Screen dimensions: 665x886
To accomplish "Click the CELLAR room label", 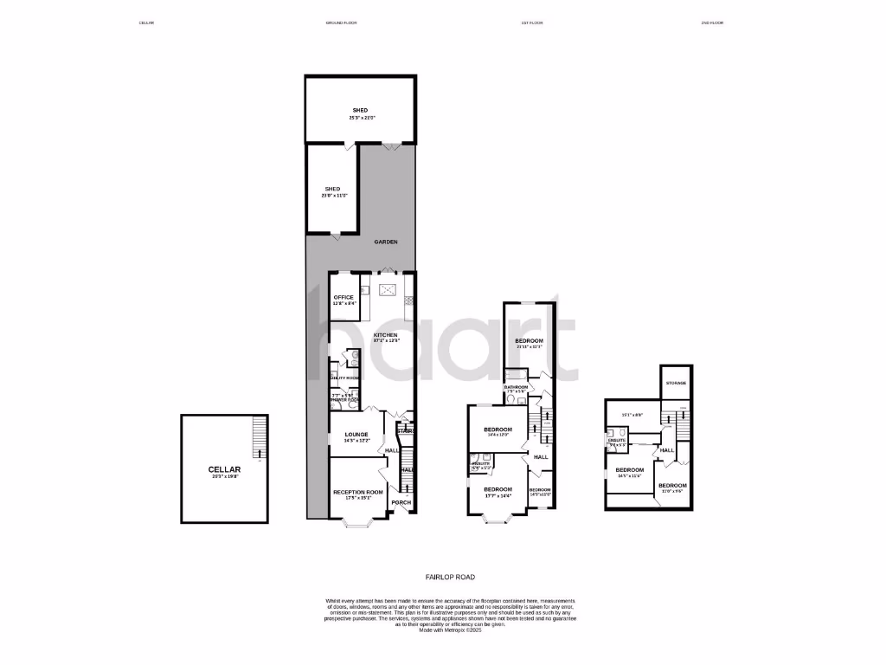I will pyautogui.click(x=223, y=469).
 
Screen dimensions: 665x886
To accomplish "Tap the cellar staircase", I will pyautogui.click(x=257, y=436).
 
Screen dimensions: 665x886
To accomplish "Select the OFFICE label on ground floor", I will pyautogui.click(x=343, y=297).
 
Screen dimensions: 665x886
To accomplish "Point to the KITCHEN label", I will pyautogui.click(x=385, y=334).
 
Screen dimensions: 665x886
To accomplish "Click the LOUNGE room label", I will pyautogui.click(x=356, y=435).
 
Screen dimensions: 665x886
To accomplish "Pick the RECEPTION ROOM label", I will pyautogui.click(x=357, y=492).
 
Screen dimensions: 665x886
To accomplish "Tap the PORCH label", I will pyautogui.click(x=401, y=502).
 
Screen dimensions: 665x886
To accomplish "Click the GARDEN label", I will pyautogui.click(x=386, y=242).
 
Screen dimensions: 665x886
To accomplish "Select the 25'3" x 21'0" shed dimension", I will pyautogui.click(x=360, y=118).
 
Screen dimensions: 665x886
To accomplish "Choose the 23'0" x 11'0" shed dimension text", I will pyautogui.click(x=333, y=196).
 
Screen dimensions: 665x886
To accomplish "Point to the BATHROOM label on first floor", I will pyautogui.click(x=517, y=386).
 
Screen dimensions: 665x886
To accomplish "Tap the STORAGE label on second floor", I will pyautogui.click(x=677, y=382).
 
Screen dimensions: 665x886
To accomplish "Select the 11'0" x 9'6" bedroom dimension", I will pyautogui.click(x=671, y=492).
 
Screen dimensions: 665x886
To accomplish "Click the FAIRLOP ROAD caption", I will pyautogui.click(x=450, y=577).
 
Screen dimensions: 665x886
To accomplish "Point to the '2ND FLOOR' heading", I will pyautogui.click(x=712, y=23).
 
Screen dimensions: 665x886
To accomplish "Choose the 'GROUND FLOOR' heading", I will pyautogui.click(x=330, y=23).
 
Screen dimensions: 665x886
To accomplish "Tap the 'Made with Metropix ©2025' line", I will pyautogui.click(x=450, y=630).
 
